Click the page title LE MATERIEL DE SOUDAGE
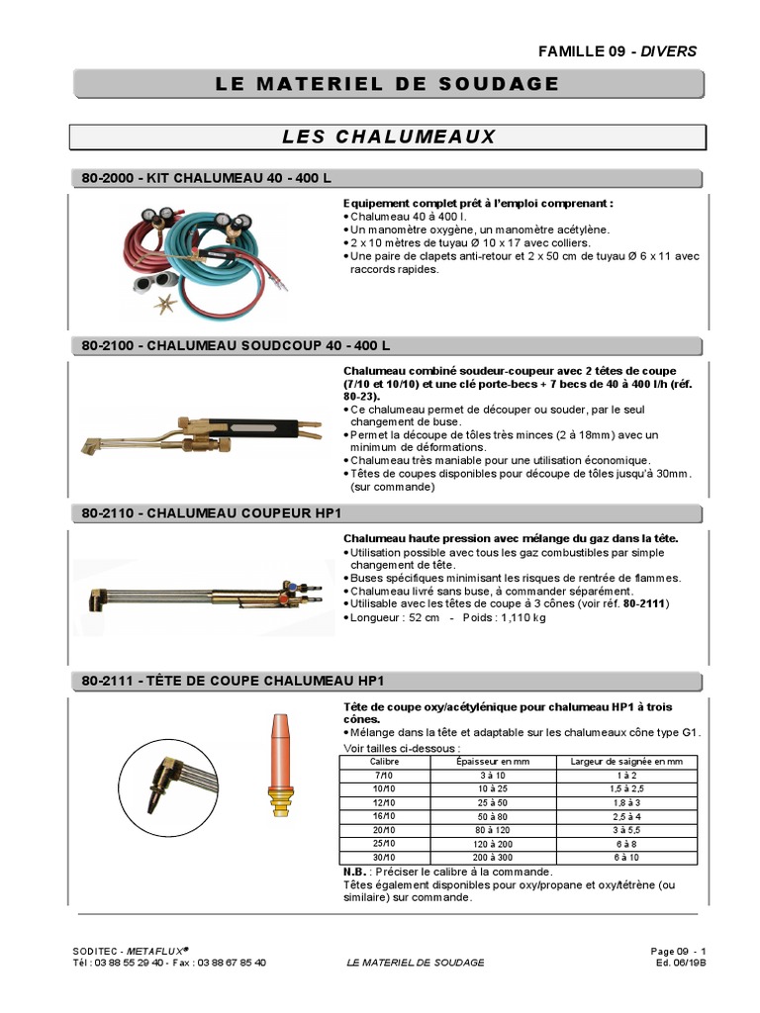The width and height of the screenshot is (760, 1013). coord(387,84)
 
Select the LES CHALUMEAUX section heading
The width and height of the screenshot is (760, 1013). coord(387,136)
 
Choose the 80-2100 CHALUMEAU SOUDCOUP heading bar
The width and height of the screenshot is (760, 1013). coord(234,345)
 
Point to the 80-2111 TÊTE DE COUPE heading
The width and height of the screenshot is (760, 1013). coord(230,681)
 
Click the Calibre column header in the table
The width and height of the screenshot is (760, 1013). coord(383,762)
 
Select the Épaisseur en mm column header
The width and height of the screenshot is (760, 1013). coord(485,762)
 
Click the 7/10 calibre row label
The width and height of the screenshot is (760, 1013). coord(383,777)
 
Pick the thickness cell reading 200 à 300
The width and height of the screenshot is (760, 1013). coord(485,858)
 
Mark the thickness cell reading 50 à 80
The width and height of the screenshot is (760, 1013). coord(485,817)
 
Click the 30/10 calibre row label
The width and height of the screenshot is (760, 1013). coord(383,858)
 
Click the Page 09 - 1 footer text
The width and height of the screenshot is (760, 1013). coord(678,951)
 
